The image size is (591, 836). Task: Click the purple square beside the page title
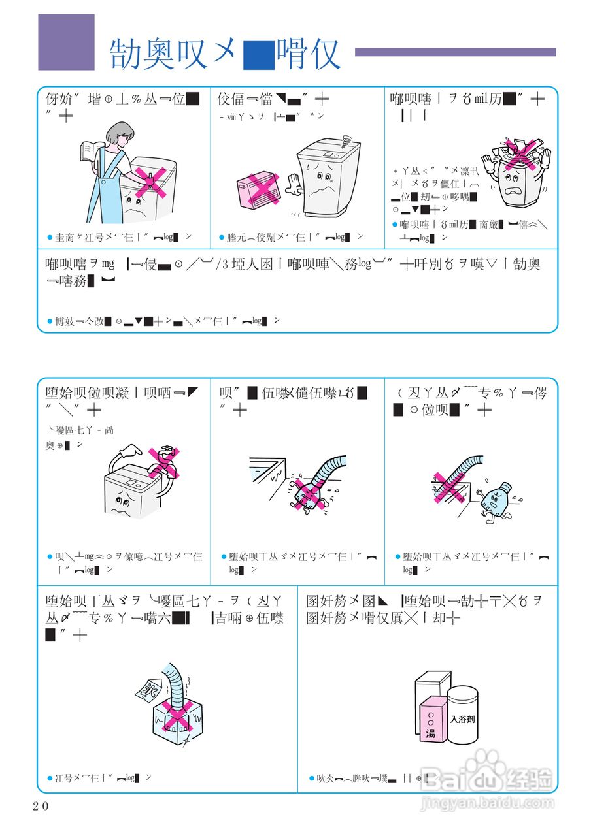click(x=66, y=42)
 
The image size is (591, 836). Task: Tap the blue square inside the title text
click(x=258, y=55)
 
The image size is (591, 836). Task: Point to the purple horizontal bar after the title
click(x=455, y=52)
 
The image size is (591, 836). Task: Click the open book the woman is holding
click(x=88, y=151)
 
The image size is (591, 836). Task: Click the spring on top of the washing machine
click(x=346, y=138)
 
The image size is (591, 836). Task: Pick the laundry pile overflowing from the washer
click(x=516, y=152)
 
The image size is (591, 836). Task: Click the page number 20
click(x=41, y=806)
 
